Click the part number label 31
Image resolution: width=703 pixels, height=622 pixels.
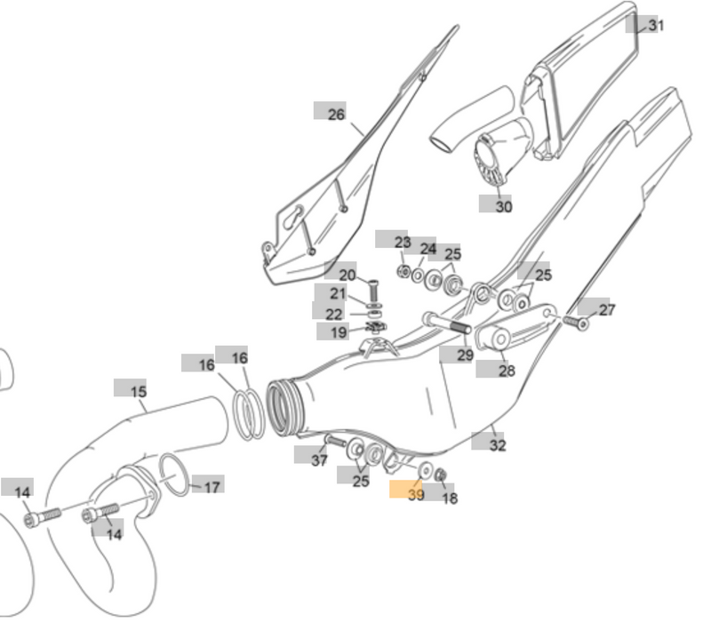655,25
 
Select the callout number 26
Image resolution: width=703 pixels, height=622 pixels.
335,114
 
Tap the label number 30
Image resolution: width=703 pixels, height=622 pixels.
503,206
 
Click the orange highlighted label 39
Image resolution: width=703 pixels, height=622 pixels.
415,494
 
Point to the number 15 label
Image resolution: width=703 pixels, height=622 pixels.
138,391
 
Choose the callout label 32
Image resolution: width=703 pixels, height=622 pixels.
497,444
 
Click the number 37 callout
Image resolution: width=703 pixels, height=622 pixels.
319,459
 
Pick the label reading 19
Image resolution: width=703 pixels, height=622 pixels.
339,332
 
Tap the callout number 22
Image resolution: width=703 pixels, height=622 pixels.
333,314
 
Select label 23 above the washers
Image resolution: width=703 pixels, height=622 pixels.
402,242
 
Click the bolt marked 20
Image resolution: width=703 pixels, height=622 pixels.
372,289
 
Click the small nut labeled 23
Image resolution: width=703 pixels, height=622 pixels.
403,269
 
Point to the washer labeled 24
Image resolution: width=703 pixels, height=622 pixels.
418,275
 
